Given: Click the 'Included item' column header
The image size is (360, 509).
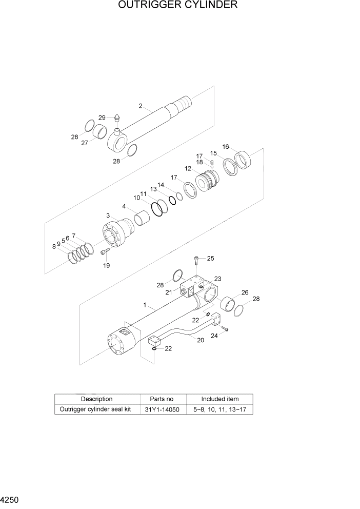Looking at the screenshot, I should (x=219, y=399).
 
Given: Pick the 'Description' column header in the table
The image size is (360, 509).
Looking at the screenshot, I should (x=96, y=399).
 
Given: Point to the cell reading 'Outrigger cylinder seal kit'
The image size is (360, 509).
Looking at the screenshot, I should (x=96, y=409).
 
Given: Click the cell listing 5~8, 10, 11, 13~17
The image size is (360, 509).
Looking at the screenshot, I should (x=219, y=409).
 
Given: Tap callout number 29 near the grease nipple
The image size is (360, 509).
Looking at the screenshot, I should (x=102, y=118).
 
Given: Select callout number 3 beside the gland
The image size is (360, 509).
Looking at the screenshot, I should (x=108, y=215).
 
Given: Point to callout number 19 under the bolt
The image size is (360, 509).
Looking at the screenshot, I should (x=106, y=265).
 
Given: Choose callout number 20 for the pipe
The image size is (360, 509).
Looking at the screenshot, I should (x=200, y=340).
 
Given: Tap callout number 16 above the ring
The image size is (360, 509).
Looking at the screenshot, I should (x=225, y=146).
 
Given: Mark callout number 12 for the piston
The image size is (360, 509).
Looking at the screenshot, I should (x=188, y=168).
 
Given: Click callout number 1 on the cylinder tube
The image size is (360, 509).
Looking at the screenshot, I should (x=145, y=305).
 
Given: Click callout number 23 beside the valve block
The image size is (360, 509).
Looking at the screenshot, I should (x=217, y=279).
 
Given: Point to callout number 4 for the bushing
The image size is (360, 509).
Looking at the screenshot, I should (x=124, y=206).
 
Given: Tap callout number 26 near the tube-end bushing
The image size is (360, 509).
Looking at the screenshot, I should (x=245, y=292).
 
